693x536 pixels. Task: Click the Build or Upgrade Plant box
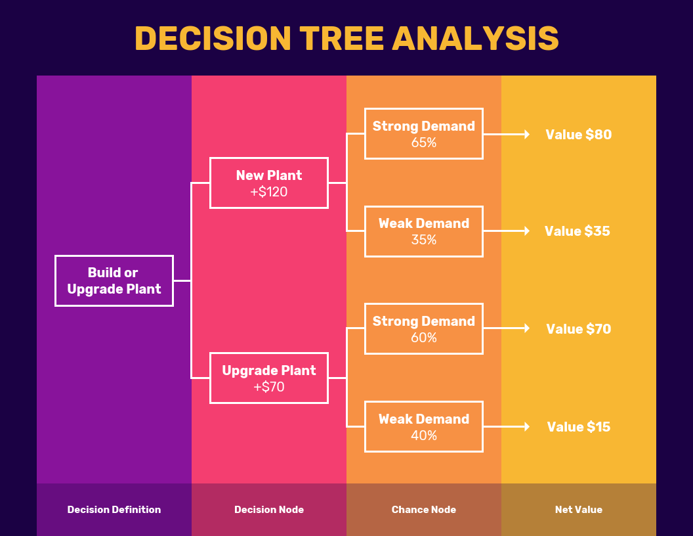tap(114, 280)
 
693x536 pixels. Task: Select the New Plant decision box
tap(268, 183)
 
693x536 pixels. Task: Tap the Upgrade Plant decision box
tap(268, 378)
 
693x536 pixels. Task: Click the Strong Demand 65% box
tap(423, 133)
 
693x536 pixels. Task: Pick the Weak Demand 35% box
tap(423, 231)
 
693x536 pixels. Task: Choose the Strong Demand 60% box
tap(423, 328)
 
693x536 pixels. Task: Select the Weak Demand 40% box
tap(423, 426)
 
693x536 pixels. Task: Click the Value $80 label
tap(578, 135)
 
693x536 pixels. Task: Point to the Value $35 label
tap(577, 231)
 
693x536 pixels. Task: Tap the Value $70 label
tap(578, 329)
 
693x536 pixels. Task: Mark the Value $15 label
tap(578, 427)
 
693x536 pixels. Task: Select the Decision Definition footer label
tap(114, 510)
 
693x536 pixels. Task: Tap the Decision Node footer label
tap(269, 510)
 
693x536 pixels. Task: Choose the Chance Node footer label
tap(423, 510)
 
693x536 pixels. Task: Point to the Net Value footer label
tap(578, 510)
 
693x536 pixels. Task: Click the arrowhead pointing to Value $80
tap(526, 134)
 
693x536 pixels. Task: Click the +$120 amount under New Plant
tap(268, 192)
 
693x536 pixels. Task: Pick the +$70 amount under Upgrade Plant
tap(268, 388)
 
